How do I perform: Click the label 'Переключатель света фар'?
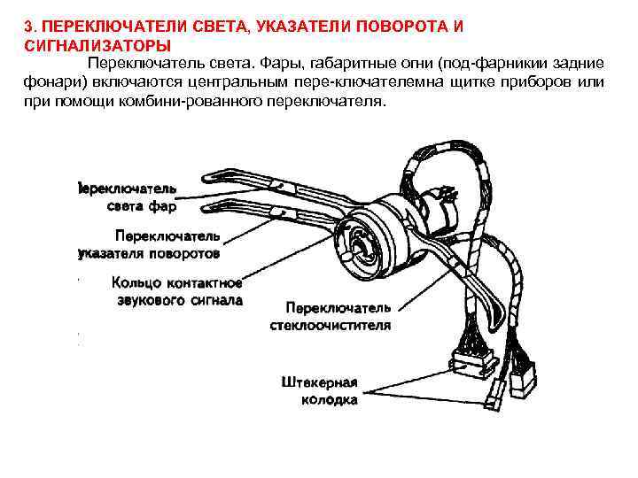[128, 197]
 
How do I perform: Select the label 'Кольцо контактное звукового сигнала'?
[176, 291]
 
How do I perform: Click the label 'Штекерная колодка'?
[319, 391]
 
